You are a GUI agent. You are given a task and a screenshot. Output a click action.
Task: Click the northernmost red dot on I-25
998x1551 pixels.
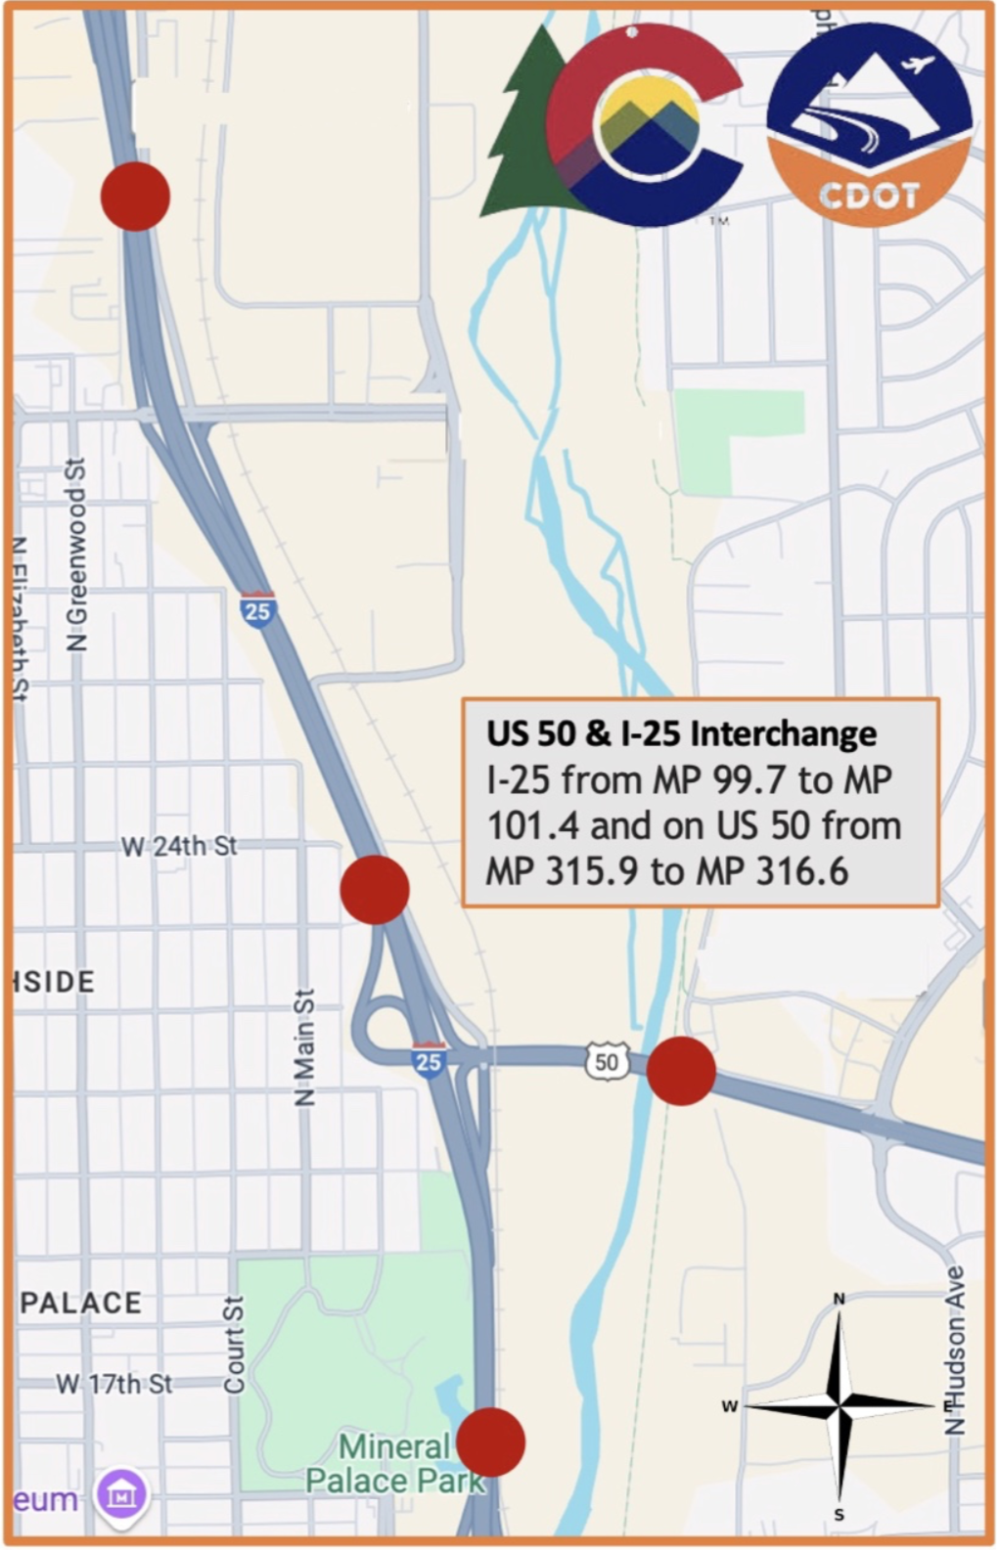(x=135, y=197)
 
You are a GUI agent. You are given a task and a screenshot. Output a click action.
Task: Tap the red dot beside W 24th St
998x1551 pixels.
(x=375, y=889)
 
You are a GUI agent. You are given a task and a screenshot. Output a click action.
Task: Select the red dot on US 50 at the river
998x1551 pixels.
(x=681, y=1072)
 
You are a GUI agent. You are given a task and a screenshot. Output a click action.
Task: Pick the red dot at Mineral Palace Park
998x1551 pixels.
(x=491, y=1442)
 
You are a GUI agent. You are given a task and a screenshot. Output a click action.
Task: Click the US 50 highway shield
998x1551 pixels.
(x=607, y=1062)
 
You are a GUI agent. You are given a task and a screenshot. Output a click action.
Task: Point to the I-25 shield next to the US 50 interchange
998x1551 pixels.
(x=429, y=1061)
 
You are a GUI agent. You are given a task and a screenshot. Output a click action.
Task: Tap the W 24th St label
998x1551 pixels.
(x=179, y=846)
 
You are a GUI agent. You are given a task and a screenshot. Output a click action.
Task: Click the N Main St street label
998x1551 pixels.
(x=305, y=1047)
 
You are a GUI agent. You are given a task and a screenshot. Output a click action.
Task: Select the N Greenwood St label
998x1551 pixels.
(x=76, y=554)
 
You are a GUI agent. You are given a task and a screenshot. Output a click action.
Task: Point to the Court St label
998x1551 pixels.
(x=233, y=1345)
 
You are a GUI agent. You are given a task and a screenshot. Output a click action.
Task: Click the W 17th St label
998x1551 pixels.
(x=113, y=1384)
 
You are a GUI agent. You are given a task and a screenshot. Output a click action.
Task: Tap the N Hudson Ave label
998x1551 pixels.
(x=955, y=1351)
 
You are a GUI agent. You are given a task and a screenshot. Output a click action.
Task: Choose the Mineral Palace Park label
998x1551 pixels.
(x=394, y=1463)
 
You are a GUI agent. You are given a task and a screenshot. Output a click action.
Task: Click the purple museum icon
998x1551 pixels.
(x=122, y=1494)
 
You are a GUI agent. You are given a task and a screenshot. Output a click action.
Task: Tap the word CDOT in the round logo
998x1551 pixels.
(x=869, y=196)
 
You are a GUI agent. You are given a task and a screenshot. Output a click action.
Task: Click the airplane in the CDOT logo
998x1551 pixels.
(x=919, y=66)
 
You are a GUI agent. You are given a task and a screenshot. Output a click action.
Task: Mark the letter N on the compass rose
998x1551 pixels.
(x=839, y=1299)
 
